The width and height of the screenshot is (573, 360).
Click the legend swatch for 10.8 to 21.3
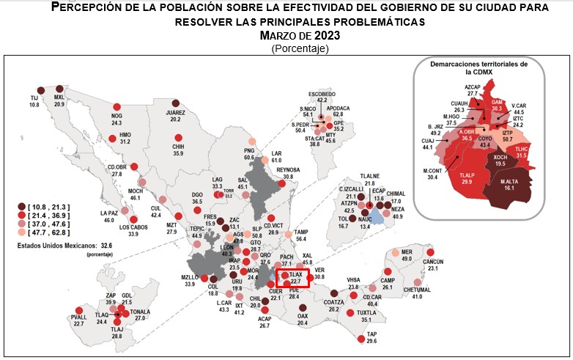click(x=23, y=207)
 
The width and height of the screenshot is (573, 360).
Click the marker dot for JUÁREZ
click(x=175, y=103)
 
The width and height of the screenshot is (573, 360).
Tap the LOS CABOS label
click(x=134, y=227)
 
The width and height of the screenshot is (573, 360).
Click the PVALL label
click(x=78, y=317)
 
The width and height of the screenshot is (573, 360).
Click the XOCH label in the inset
click(x=500, y=158)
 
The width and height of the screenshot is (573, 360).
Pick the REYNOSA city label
click(x=287, y=169)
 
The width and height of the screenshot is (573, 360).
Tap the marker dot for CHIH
click(x=177, y=138)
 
